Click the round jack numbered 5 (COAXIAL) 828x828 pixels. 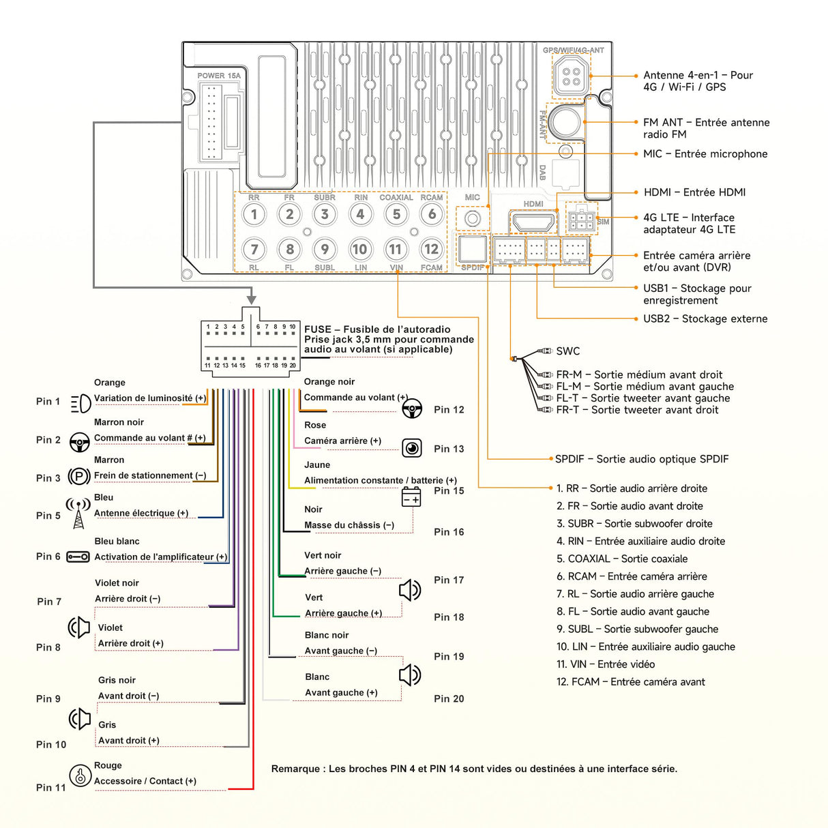pos(396,214)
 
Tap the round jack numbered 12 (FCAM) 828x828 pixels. pos(431,249)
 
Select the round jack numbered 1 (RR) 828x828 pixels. pos(254,214)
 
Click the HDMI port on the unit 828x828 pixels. pos(533,222)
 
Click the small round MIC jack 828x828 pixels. pos(473,219)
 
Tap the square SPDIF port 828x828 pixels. pos(473,249)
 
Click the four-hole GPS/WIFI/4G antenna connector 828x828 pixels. pos(572,76)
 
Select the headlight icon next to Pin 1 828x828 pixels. pos(80,403)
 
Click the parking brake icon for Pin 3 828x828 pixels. pos(80,477)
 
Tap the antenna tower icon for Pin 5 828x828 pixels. pos(78,513)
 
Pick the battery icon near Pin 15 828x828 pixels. pos(411,497)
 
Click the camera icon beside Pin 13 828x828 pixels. pos(412,448)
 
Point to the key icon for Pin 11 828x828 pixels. pos(80,775)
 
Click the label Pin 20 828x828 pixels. pos(449,698)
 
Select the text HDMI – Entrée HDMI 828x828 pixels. pos(694,192)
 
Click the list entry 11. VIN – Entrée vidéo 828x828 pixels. pos(605,664)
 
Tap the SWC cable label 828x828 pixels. pos(567,351)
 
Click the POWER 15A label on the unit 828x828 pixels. pos(219,76)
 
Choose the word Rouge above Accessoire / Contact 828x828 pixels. pos(108,765)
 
